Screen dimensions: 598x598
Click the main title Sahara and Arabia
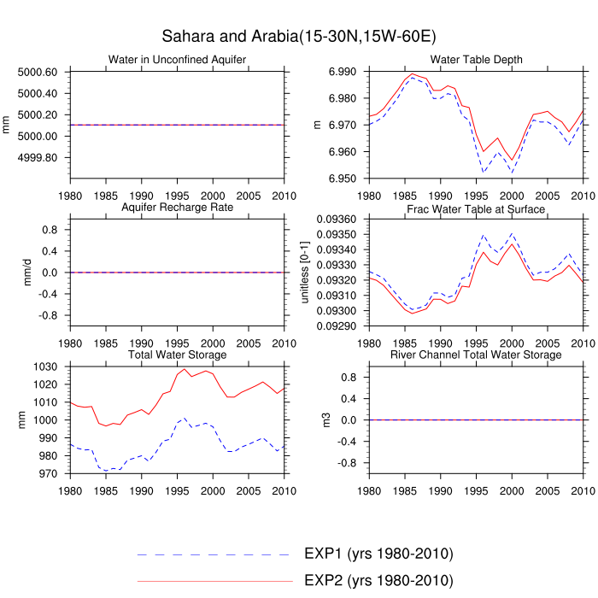(x=299, y=37)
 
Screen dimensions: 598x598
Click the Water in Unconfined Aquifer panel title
(x=178, y=60)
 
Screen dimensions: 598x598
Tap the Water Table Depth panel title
(x=477, y=60)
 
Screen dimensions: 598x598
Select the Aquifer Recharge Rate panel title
(x=178, y=208)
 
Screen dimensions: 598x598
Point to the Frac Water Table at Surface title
(x=477, y=209)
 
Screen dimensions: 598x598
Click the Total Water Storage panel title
(x=178, y=355)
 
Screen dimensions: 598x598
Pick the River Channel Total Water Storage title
(x=477, y=355)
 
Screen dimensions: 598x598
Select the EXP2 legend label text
(x=378, y=580)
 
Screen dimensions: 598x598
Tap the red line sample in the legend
(x=214, y=581)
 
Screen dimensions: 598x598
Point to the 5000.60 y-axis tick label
(x=37, y=72)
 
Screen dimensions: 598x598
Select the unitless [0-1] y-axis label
(x=306, y=273)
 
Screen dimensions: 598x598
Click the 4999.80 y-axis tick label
(x=37, y=158)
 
